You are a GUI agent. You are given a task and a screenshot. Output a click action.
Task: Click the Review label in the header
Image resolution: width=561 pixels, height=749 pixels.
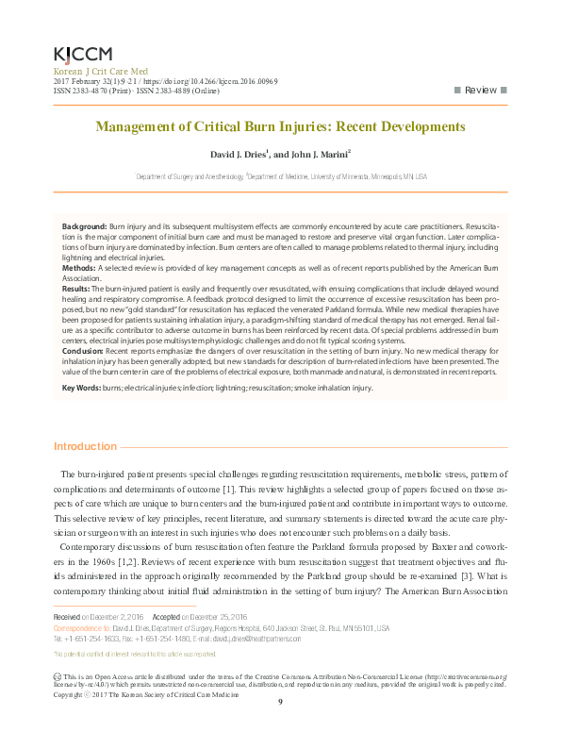[481, 90]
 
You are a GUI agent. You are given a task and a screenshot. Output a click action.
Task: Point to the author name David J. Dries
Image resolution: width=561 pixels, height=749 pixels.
[235, 155]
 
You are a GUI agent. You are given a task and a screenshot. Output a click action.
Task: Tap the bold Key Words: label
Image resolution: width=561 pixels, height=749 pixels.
[81, 388]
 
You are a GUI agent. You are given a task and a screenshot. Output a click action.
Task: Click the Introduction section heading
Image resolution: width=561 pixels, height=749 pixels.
[85, 446]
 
